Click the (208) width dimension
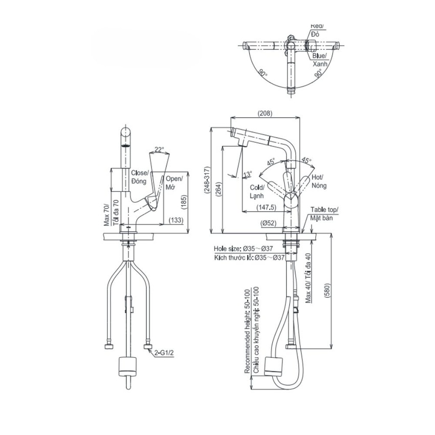coord(265,113)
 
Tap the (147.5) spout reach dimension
coord(266,208)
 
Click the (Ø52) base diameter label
coord(268,223)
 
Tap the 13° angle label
coord(248,175)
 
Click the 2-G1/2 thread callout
coord(163,353)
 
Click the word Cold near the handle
coord(257,188)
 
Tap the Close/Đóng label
coord(139,177)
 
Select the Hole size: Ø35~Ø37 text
coord(249,248)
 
